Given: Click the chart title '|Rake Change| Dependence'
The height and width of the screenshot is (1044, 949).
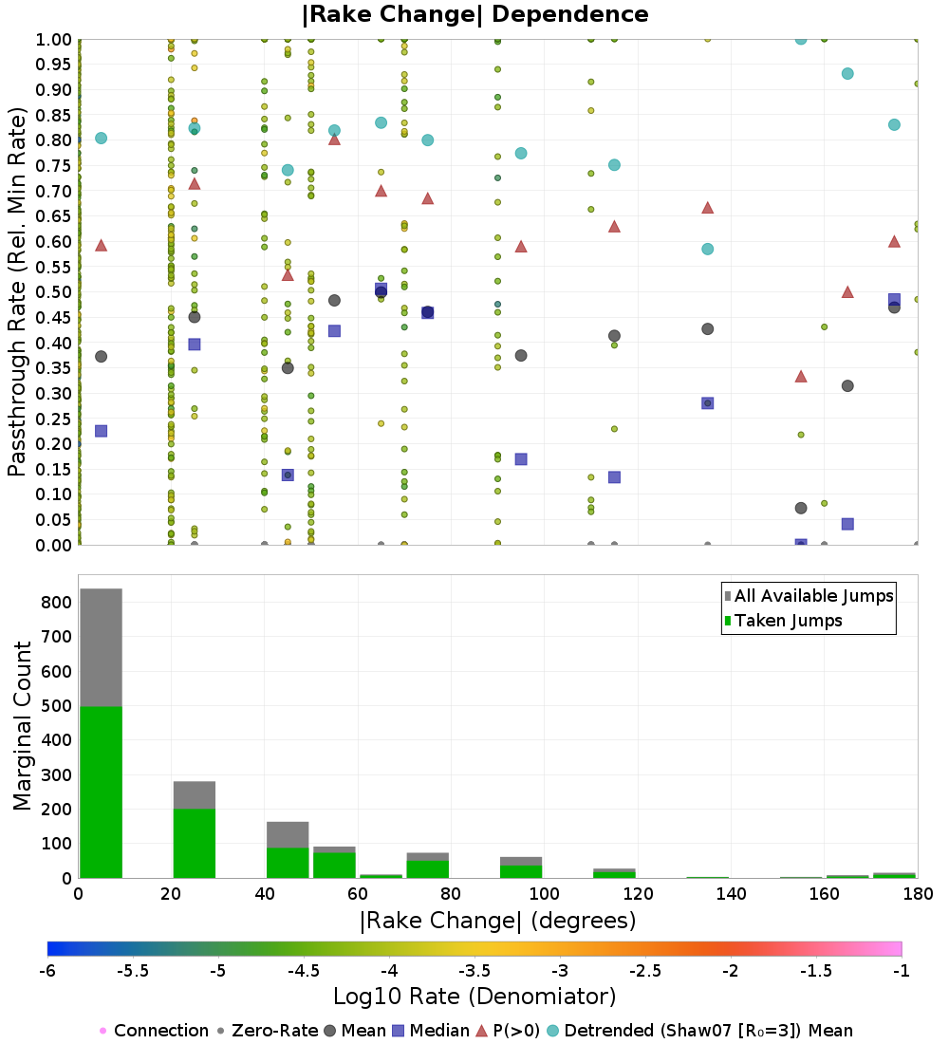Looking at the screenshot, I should coord(474,14).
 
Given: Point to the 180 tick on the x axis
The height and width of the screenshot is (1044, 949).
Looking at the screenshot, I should coord(917,894).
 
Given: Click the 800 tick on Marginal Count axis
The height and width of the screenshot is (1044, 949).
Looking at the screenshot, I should coord(56,602).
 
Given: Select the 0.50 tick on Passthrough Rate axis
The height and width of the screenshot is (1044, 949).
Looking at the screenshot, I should coord(53,292).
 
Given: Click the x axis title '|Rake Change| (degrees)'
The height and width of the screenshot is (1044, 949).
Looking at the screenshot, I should coord(497,921).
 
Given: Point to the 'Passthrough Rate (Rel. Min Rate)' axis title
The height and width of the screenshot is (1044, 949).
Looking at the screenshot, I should coord(17,292).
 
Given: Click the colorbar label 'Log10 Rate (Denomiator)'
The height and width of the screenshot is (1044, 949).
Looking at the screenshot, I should coord(474,997).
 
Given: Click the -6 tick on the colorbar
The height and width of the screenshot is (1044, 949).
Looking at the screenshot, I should coord(47,973).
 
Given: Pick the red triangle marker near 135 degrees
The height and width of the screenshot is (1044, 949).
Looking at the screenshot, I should coord(707,208).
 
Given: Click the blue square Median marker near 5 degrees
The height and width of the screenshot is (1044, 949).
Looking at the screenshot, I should coord(101,431).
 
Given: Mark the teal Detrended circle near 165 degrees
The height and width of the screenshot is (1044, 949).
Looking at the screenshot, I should coord(847,74).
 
